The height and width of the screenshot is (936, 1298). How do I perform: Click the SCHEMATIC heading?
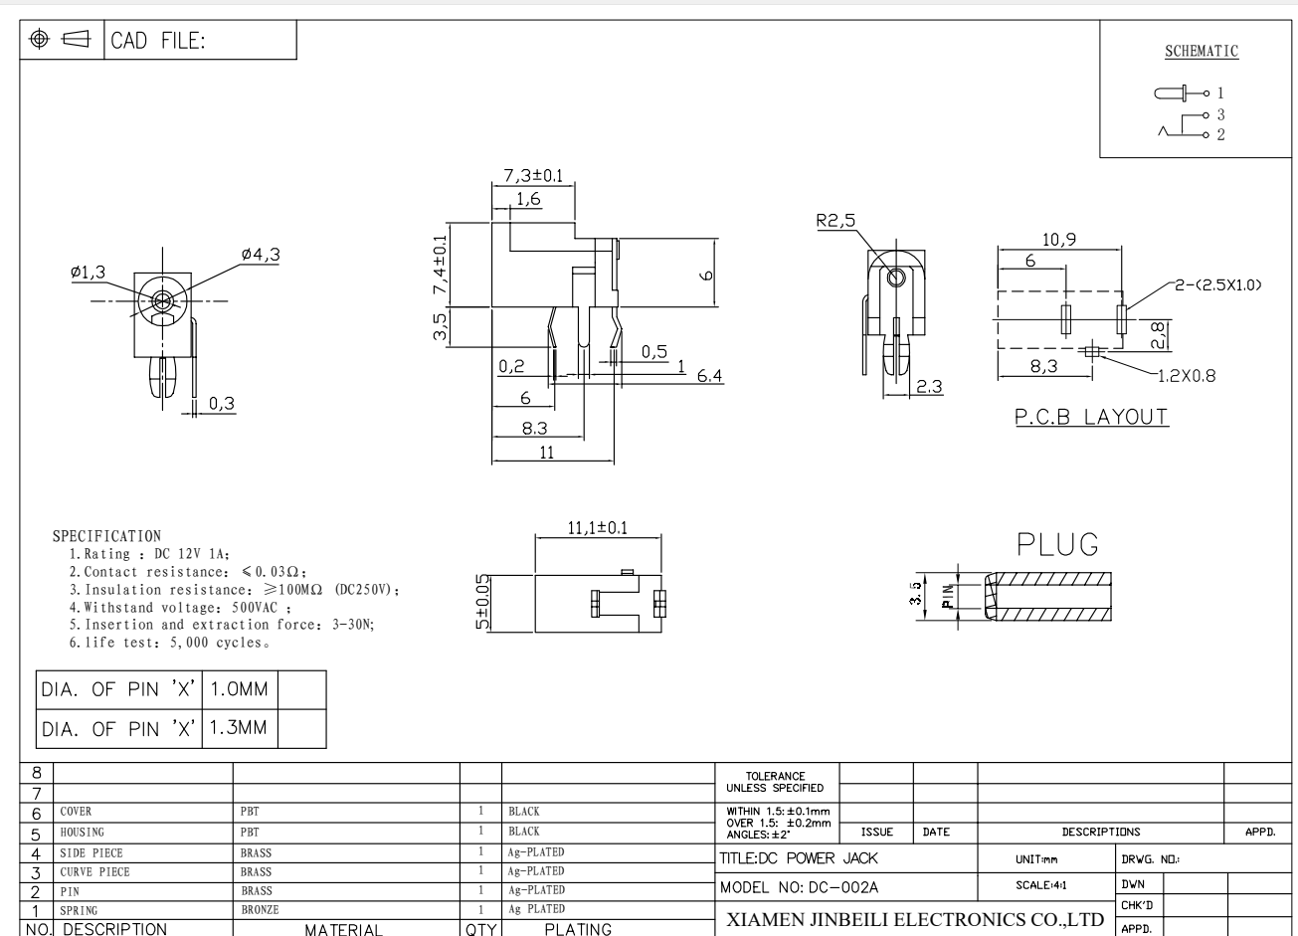1202,51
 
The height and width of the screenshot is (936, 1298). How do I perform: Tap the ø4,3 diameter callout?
261,255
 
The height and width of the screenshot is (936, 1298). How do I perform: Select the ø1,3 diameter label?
89,272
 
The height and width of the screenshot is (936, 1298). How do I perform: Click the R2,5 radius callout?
835,220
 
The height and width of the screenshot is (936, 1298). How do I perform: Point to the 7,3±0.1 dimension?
533,175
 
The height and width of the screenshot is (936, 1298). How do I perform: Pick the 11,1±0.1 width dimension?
598,527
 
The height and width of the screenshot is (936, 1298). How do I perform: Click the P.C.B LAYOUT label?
1092,417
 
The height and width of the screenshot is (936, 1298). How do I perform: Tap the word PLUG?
1057,544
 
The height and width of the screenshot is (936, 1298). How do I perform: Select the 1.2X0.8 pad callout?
1187,376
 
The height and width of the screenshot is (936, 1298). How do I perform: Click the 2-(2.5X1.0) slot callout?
1218,285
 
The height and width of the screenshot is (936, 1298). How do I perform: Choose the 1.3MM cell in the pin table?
238,727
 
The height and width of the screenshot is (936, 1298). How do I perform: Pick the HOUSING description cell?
83,833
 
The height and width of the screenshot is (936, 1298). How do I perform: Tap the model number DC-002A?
843,887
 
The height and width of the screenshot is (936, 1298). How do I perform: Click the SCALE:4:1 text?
1040,885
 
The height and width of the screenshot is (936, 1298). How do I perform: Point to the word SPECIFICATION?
106,536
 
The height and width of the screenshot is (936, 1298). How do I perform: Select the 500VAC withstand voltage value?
255,608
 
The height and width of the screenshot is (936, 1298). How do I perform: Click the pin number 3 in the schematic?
1221,114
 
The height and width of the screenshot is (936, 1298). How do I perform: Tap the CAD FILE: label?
157,41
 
